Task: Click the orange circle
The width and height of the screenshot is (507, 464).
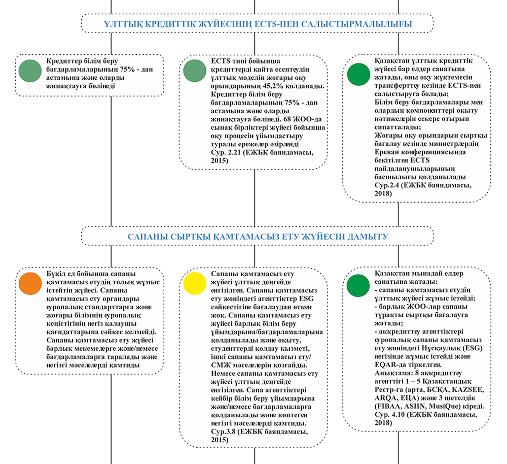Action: point(30,283)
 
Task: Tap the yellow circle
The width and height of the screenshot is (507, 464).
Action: point(195,283)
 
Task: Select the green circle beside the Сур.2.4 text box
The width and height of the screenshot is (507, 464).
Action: point(358,74)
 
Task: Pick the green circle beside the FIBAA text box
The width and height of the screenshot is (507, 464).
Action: point(358,285)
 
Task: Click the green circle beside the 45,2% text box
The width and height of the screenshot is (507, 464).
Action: point(195,71)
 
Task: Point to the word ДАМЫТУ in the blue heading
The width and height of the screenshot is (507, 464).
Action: point(368,237)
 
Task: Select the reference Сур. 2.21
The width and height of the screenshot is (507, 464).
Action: point(226,152)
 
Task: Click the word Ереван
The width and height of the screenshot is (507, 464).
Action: point(386,152)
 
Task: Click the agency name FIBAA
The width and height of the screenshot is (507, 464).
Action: point(388,406)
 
